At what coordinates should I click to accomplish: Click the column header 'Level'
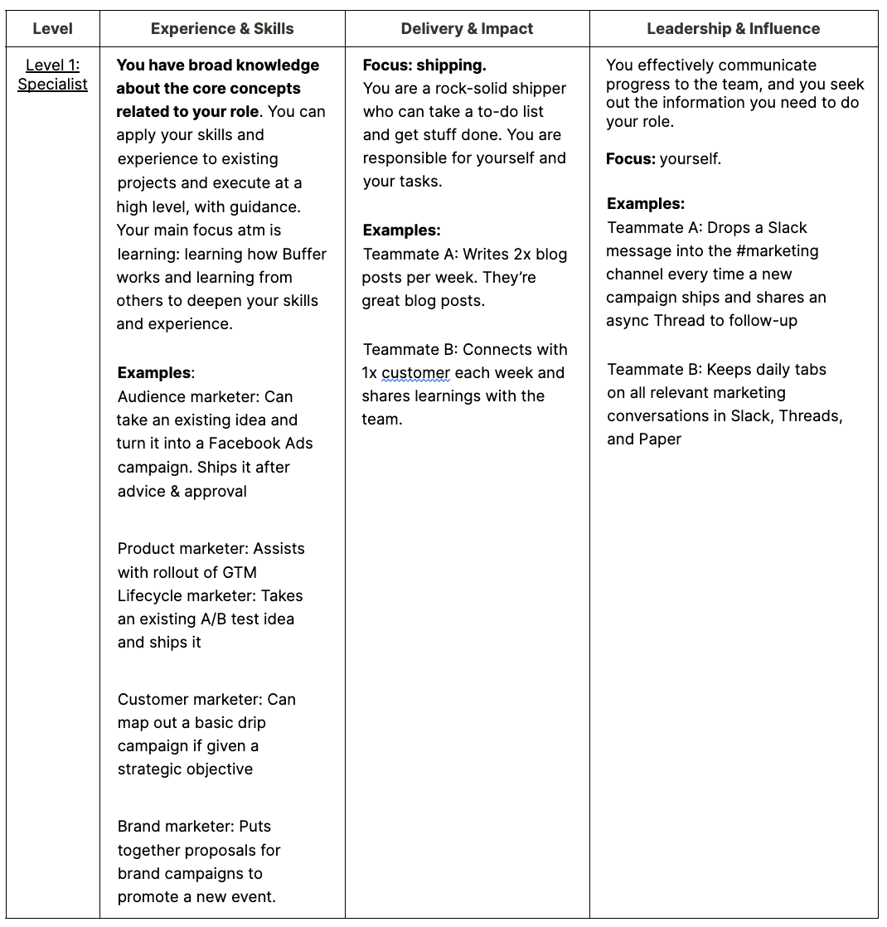(x=52, y=29)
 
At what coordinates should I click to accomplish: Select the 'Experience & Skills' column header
(x=222, y=29)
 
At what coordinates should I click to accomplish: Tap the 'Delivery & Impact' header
(x=467, y=29)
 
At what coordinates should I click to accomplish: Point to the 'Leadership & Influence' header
(x=733, y=29)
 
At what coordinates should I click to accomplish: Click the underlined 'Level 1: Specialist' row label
(x=52, y=75)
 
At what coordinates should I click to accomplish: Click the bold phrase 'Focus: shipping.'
(x=424, y=65)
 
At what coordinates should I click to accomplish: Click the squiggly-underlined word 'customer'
(x=415, y=372)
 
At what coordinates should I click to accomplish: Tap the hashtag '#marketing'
(x=777, y=250)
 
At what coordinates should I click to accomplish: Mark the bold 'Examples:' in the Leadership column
(x=646, y=204)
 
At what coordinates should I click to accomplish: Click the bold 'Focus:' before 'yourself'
(x=631, y=158)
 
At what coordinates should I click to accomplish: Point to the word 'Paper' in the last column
(x=660, y=439)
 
